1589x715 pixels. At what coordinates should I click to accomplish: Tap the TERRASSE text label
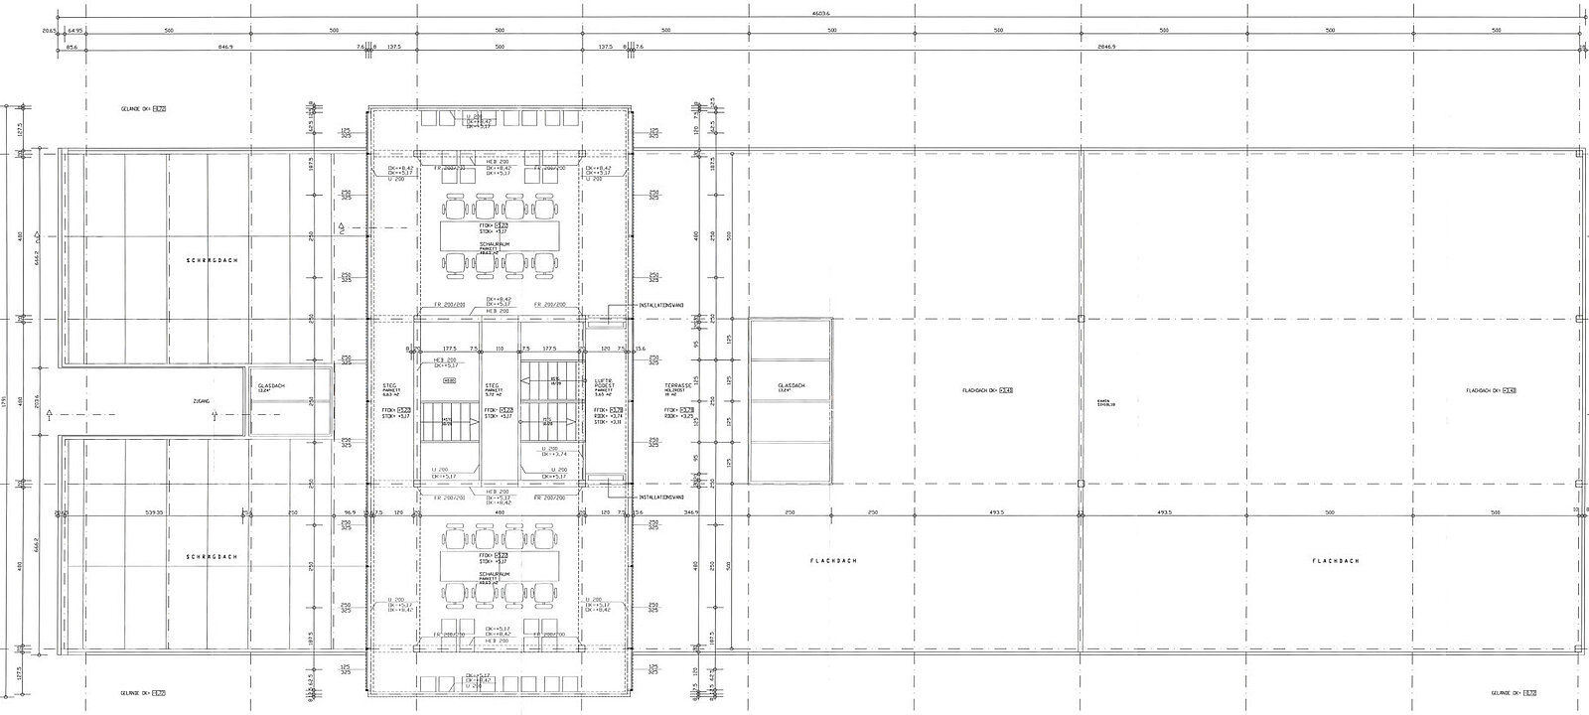678,384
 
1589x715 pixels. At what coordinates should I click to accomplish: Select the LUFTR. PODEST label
604,387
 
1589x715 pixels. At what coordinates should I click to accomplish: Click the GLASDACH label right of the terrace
791,386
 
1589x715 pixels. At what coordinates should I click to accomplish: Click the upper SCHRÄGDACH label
210,260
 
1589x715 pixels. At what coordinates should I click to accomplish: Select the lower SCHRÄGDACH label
210,557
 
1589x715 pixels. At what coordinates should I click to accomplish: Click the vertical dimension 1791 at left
6,402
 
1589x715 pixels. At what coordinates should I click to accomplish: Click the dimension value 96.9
350,512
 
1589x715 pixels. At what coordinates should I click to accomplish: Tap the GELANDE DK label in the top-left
139,108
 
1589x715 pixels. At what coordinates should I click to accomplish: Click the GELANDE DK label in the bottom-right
1513,693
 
